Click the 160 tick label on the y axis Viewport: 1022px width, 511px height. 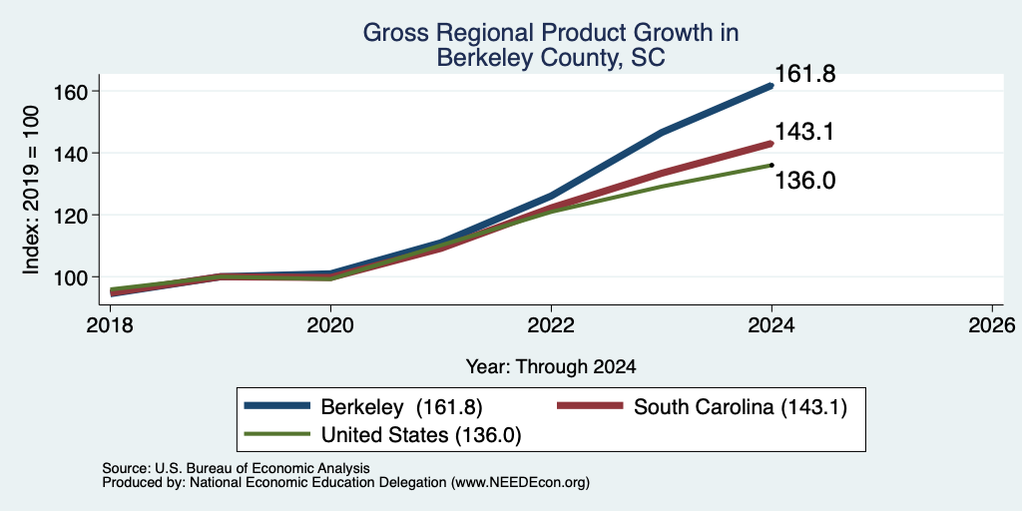[x=70, y=92]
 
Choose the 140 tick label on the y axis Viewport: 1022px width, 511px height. [x=70, y=154]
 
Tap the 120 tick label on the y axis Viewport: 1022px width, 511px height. [x=70, y=216]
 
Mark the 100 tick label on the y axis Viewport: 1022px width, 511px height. [x=70, y=277]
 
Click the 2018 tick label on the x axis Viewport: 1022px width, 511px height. [x=110, y=325]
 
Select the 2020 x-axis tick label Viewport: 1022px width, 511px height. [x=330, y=325]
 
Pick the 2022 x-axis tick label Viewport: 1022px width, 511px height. [x=551, y=325]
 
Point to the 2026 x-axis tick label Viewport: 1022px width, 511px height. [x=992, y=325]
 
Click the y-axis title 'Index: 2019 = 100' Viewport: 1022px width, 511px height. [x=31, y=191]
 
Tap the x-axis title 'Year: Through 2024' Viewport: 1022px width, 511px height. [x=551, y=367]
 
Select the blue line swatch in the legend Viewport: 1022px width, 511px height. [x=277, y=406]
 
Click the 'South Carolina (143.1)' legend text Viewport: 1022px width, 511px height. [x=741, y=407]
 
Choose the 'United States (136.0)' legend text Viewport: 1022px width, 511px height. [x=421, y=435]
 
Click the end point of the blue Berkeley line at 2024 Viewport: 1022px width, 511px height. [x=771, y=86]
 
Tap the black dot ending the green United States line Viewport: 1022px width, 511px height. [x=771, y=165]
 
